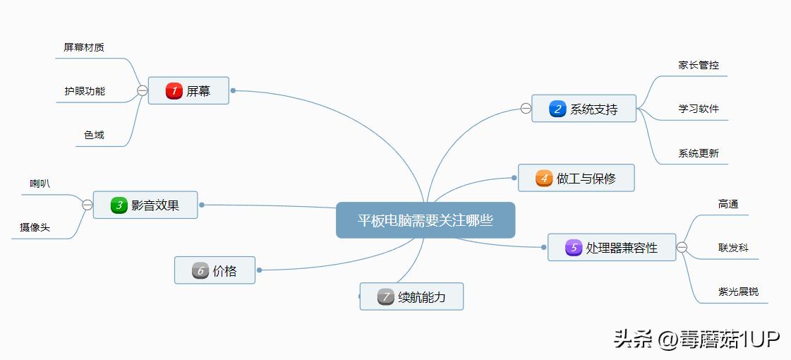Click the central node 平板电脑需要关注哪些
(x=425, y=220)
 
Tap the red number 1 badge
(x=174, y=90)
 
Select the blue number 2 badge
(x=557, y=109)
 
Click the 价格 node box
(x=215, y=270)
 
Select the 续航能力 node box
(x=411, y=297)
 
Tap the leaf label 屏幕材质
(x=84, y=47)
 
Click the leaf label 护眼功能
(x=85, y=91)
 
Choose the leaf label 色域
(x=94, y=135)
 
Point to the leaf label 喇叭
(x=40, y=184)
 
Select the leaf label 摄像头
(x=35, y=227)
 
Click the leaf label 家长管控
(x=699, y=64)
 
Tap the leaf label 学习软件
(x=699, y=109)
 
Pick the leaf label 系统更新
(x=699, y=152)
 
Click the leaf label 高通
(x=728, y=204)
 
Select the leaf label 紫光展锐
(x=738, y=292)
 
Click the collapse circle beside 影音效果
(x=87, y=205)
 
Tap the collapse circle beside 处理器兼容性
(x=682, y=247)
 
